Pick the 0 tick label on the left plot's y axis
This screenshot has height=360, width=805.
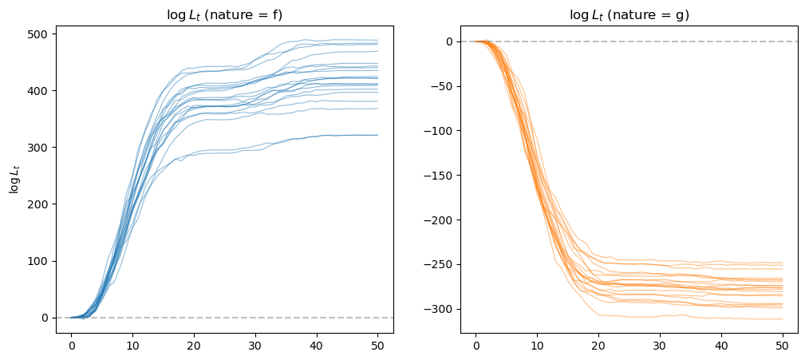[x=48, y=318]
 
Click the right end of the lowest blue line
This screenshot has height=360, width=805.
[x=378, y=135]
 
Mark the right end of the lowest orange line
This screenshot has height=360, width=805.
[x=783, y=319]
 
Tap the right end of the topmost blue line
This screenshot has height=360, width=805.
[x=378, y=40]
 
